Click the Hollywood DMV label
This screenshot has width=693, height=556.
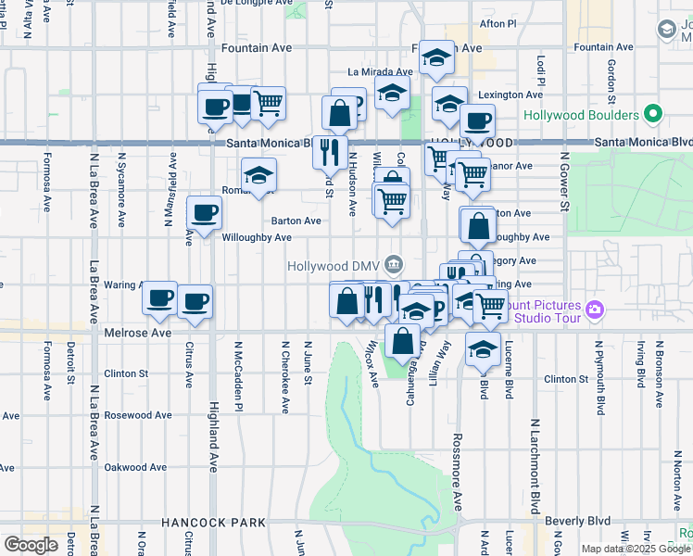point(335,265)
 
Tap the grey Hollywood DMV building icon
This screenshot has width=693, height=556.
point(395,265)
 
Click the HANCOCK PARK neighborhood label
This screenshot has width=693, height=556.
point(213,523)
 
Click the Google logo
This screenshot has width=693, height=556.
point(30,544)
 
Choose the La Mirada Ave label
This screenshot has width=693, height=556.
point(380,71)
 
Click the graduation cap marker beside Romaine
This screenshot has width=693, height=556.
point(259,174)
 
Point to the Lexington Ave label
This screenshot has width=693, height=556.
point(509,95)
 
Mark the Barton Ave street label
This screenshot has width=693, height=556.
point(296,221)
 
